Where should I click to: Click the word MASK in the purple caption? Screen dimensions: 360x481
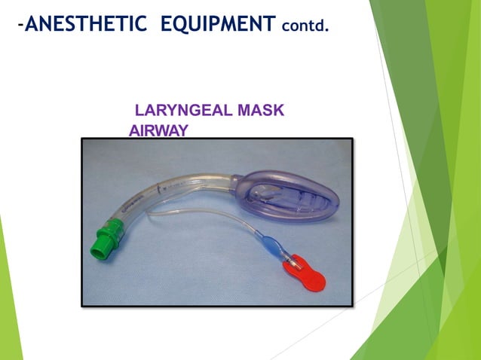click(x=260, y=111)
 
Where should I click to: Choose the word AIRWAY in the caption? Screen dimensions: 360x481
click(x=158, y=130)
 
